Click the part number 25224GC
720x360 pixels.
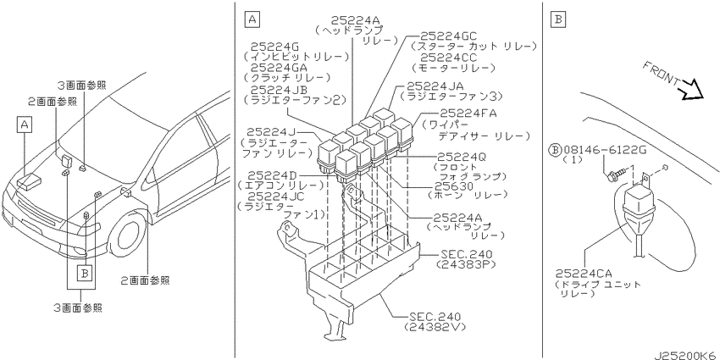pos(443,36)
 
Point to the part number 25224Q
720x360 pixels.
pos(461,157)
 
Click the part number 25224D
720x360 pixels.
pos(271,175)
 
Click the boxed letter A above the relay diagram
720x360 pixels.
pos(252,19)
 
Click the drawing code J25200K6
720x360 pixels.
pos(686,355)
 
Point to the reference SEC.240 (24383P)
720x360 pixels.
pos(466,259)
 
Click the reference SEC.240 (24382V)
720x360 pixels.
pos(435,322)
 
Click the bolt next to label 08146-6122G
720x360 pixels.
pos(614,174)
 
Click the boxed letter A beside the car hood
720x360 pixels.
pos(25,124)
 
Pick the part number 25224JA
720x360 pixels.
pos(435,86)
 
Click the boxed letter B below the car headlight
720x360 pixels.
pos(84,274)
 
